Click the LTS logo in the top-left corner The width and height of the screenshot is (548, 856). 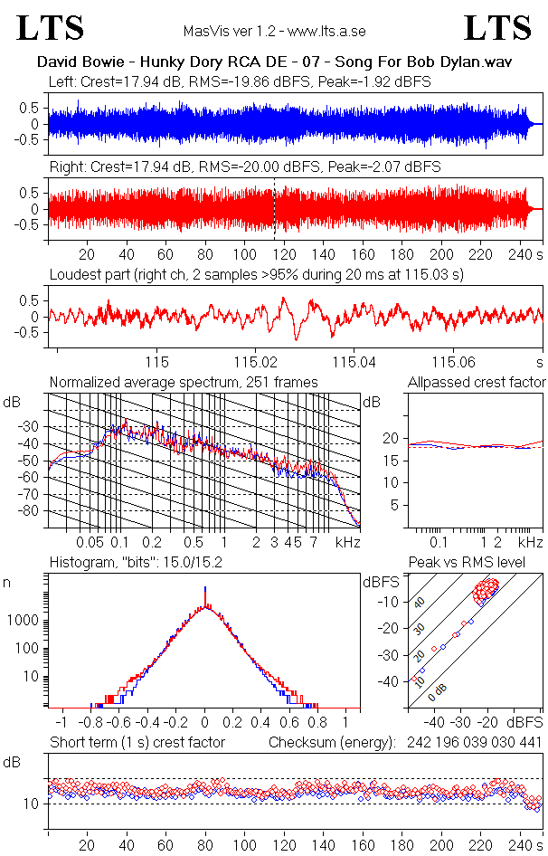[x=51, y=29]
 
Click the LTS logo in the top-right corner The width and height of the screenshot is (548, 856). [x=498, y=29]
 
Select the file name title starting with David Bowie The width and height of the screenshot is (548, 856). [x=273, y=63]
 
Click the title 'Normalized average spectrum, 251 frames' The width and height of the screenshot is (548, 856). [x=184, y=383]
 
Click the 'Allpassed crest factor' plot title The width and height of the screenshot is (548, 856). [x=477, y=383]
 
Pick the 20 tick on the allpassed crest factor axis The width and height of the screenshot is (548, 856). [x=391, y=438]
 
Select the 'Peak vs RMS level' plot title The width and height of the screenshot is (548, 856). [x=479, y=563]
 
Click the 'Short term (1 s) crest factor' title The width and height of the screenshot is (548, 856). [x=137, y=743]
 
